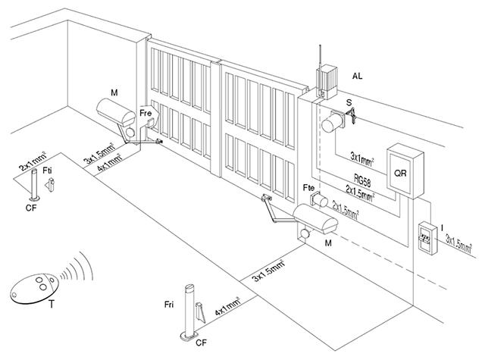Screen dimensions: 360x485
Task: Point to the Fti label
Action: [48, 171]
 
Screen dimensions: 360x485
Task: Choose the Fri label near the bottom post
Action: [171, 304]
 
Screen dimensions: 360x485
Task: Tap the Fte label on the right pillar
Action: [308, 186]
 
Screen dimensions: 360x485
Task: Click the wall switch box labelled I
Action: [427, 236]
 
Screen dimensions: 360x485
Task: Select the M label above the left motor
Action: [114, 92]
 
